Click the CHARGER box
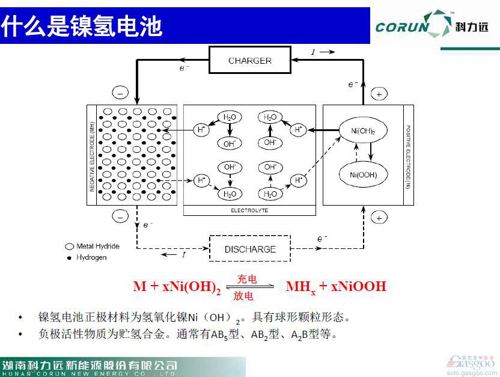[249, 61]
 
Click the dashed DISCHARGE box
[250, 249]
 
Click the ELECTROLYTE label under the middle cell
[249, 210]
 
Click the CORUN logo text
[402, 27]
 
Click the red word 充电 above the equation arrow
[246, 279]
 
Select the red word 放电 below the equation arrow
[243, 296]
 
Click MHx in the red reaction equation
[300, 287]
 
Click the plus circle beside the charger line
[379, 94]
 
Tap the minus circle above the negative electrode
[120, 93]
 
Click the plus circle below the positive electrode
[379, 218]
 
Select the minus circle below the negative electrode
[120, 216]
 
